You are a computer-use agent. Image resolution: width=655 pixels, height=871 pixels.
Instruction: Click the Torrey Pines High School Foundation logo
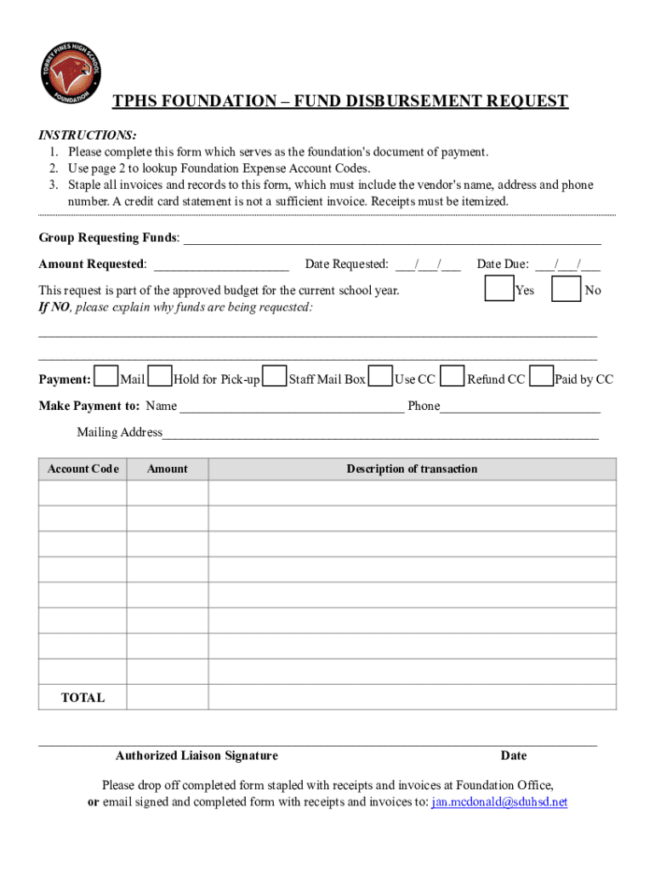click(71, 73)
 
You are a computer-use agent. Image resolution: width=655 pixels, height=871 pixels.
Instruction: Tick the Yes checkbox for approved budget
click(498, 289)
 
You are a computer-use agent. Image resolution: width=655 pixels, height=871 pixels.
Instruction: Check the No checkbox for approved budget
click(566, 289)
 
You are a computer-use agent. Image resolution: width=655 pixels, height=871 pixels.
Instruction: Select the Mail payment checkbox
click(106, 377)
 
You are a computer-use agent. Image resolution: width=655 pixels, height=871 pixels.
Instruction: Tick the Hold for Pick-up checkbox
click(160, 377)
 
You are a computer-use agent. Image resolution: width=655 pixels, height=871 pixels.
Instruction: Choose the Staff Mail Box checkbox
click(275, 377)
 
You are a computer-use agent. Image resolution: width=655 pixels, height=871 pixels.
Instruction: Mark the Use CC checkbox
click(382, 377)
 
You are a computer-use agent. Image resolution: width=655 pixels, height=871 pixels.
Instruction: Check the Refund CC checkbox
click(453, 377)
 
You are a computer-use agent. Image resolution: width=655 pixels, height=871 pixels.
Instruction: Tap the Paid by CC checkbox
click(541, 377)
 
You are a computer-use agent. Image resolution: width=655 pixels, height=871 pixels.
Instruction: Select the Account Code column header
click(83, 469)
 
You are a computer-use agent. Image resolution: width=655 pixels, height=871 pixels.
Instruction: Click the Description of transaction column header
click(412, 469)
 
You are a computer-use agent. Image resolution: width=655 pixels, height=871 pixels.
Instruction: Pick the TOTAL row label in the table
click(83, 697)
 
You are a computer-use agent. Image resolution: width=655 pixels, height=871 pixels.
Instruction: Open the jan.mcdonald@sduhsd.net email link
click(499, 802)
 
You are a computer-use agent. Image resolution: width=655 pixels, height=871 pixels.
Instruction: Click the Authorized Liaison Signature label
click(196, 755)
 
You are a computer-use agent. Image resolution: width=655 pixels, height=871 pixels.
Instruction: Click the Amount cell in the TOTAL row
click(168, 697)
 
